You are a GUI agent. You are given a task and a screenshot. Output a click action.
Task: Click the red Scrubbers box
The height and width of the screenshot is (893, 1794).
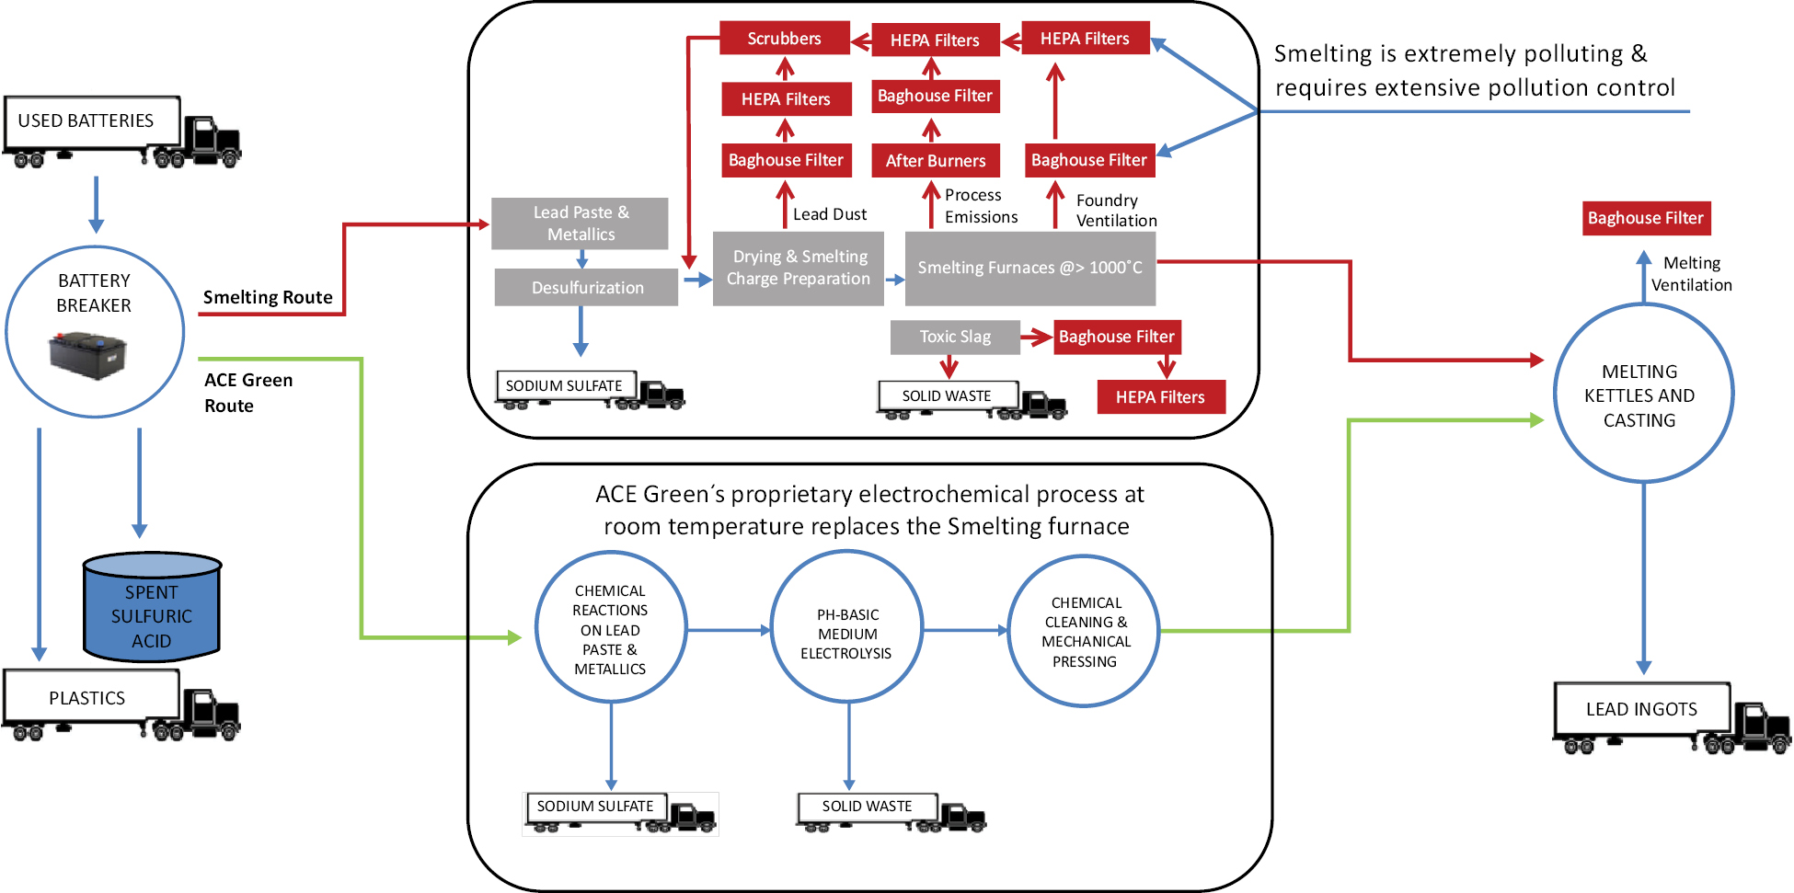tap(784, 39)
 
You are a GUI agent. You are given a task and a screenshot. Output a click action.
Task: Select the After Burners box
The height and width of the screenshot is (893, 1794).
tap(935, 160)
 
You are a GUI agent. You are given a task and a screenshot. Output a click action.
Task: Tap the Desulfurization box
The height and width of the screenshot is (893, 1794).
tap(586, 287)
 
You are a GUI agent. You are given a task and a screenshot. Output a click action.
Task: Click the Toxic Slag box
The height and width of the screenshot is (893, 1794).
tap(955, 337)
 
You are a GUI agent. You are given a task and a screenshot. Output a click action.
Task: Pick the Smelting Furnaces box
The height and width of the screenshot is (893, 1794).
tap(1030, 268)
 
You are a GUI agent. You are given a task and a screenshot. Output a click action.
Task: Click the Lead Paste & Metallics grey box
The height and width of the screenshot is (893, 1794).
tap(580, 223)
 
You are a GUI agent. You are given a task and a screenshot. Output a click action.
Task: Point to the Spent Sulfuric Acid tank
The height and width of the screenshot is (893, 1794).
tap(152, 608)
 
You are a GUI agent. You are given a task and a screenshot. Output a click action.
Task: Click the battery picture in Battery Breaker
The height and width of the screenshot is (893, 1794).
tap(87, 357)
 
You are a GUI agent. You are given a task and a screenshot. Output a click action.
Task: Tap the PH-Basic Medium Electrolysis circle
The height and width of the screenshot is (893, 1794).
tap(846, 627)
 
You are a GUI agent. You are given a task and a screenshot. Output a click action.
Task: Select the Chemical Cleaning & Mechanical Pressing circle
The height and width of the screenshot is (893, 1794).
tap(1084, 631)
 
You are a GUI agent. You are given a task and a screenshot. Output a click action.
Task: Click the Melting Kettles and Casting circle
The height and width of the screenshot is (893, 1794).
tap(1643, 393)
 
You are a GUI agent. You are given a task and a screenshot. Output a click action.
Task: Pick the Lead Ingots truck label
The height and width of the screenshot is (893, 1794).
tap(1641, 709)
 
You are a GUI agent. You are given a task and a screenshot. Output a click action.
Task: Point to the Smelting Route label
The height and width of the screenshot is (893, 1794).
tap(268, 297)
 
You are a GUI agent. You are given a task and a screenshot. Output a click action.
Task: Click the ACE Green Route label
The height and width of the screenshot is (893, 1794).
tap(248, 393)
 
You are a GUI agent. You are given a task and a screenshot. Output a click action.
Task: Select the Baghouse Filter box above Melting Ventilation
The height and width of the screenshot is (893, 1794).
tap(1646, 218)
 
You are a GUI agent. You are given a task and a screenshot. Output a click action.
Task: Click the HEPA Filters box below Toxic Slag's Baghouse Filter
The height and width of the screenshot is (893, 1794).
tap(1160, 396)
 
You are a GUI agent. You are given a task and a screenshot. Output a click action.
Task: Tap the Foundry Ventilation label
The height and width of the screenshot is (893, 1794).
tap(1116, 211)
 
